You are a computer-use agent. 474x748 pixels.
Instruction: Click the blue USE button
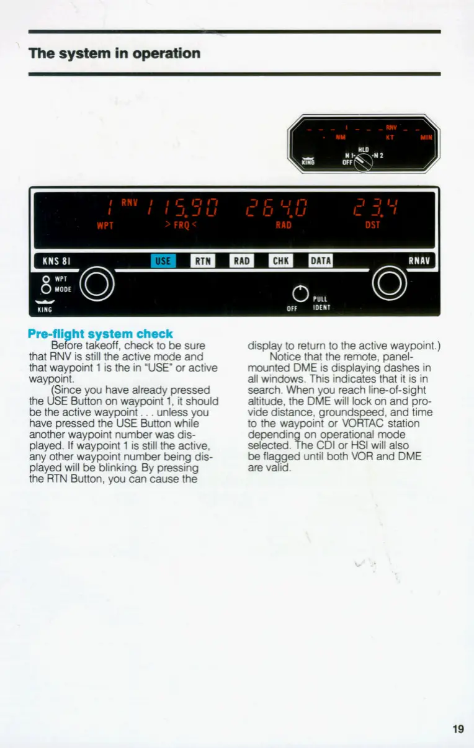point(163,261)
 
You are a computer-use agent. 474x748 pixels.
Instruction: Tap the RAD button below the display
point(242,261)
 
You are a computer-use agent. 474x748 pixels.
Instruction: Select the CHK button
point(280,261)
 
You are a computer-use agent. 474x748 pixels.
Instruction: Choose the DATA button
point(320,261)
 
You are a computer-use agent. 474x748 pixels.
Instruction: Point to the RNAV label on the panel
point(423,260)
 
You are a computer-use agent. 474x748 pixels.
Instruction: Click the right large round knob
point(389,285)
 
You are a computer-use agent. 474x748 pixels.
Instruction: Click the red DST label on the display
point(372,225)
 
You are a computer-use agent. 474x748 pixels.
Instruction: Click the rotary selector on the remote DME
point(363,163)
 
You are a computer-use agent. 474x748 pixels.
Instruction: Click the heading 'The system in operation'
point(115,53)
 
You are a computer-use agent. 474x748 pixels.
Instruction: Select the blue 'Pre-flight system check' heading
point(100,334)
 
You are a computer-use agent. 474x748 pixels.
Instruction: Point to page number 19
point(458,729)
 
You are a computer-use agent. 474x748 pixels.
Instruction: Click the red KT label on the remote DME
point(390,137)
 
